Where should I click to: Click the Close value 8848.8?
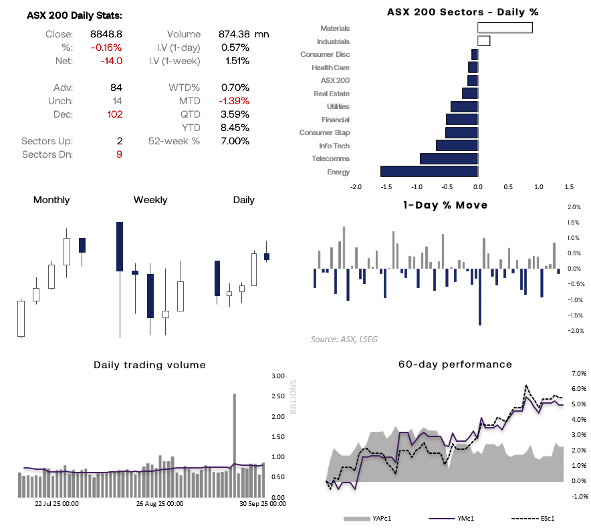tap(106, 34)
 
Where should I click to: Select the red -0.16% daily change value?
tap(106, 47)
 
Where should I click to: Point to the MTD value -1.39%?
tap(234, 101)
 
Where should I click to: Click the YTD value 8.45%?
tap(235, 128)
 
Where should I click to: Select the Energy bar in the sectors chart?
tap(429, 172)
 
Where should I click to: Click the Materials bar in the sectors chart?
tap(505, 28)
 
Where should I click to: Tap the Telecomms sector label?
tap(330, 159)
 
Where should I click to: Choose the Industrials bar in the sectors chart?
tap(483, 41)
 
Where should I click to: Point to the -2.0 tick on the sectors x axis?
tap(356, 188)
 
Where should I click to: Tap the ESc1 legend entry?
tap(543, 518)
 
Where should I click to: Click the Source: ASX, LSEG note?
tap(344, 340)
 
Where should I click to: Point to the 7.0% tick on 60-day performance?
tap(579, 374)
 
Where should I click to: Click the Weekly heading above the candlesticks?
tap(150, 201)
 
